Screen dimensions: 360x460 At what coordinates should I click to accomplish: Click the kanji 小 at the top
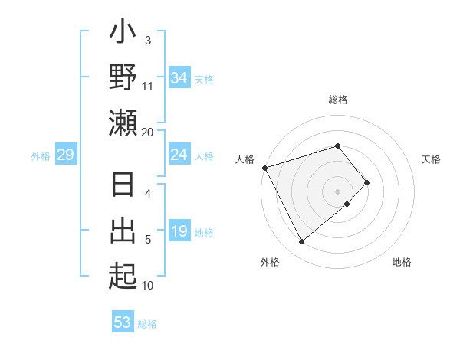(123, 34)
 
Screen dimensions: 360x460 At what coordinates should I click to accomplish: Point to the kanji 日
(123, 187)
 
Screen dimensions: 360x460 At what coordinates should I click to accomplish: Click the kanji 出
(123, 231)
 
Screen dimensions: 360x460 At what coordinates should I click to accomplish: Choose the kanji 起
(123, 275)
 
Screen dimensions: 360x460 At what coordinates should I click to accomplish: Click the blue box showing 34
(179, 77)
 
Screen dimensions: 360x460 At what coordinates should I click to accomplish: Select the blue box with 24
(179, 155)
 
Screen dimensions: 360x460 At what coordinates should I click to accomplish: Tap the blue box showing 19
(179, 231)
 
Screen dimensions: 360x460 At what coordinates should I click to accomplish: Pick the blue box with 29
(65, 155)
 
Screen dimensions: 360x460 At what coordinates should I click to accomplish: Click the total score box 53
(123, 322)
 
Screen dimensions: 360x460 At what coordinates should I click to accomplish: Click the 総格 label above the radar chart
(338, 100)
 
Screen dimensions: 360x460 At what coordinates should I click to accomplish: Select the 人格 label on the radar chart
(245, 159)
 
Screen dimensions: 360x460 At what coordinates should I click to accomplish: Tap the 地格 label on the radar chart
(402, 263)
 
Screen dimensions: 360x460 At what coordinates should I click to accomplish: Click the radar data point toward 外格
(301, 242)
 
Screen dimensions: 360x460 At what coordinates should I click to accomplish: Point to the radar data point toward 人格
(264, 167)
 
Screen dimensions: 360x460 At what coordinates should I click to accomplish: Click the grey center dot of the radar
(338, 191)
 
